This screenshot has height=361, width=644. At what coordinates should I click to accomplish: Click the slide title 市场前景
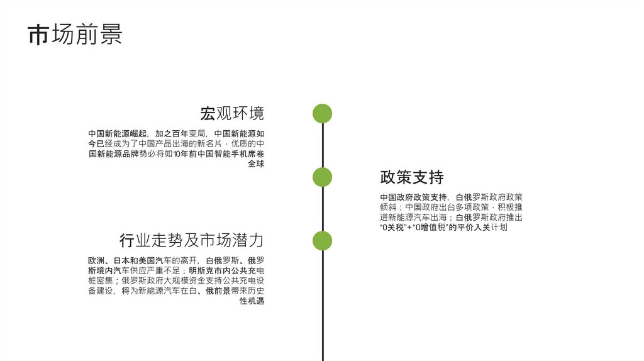(x=75, y=35)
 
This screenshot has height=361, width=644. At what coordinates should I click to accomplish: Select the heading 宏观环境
(x=232, y=114)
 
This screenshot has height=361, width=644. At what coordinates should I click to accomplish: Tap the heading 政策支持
(x=412, y=177)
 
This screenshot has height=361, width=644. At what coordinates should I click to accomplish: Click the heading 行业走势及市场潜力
(x=191, y=240)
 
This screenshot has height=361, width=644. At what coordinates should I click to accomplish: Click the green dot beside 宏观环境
(x=322, y=114)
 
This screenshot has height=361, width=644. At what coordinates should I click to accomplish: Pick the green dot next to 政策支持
(x=322, y=177)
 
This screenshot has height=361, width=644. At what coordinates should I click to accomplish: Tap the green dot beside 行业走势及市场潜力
(x=322, y=240)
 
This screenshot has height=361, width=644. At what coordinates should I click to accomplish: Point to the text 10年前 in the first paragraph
(x=184, y=153)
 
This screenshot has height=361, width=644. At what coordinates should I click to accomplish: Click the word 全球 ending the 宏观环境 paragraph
(x=256, y=164)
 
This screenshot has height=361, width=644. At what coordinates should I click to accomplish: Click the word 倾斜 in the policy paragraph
(x=388, y=207)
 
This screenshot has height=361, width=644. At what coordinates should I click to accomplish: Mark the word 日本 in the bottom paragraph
(x=121, y=260)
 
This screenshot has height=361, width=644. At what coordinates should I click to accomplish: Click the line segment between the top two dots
(x=322, y=146)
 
